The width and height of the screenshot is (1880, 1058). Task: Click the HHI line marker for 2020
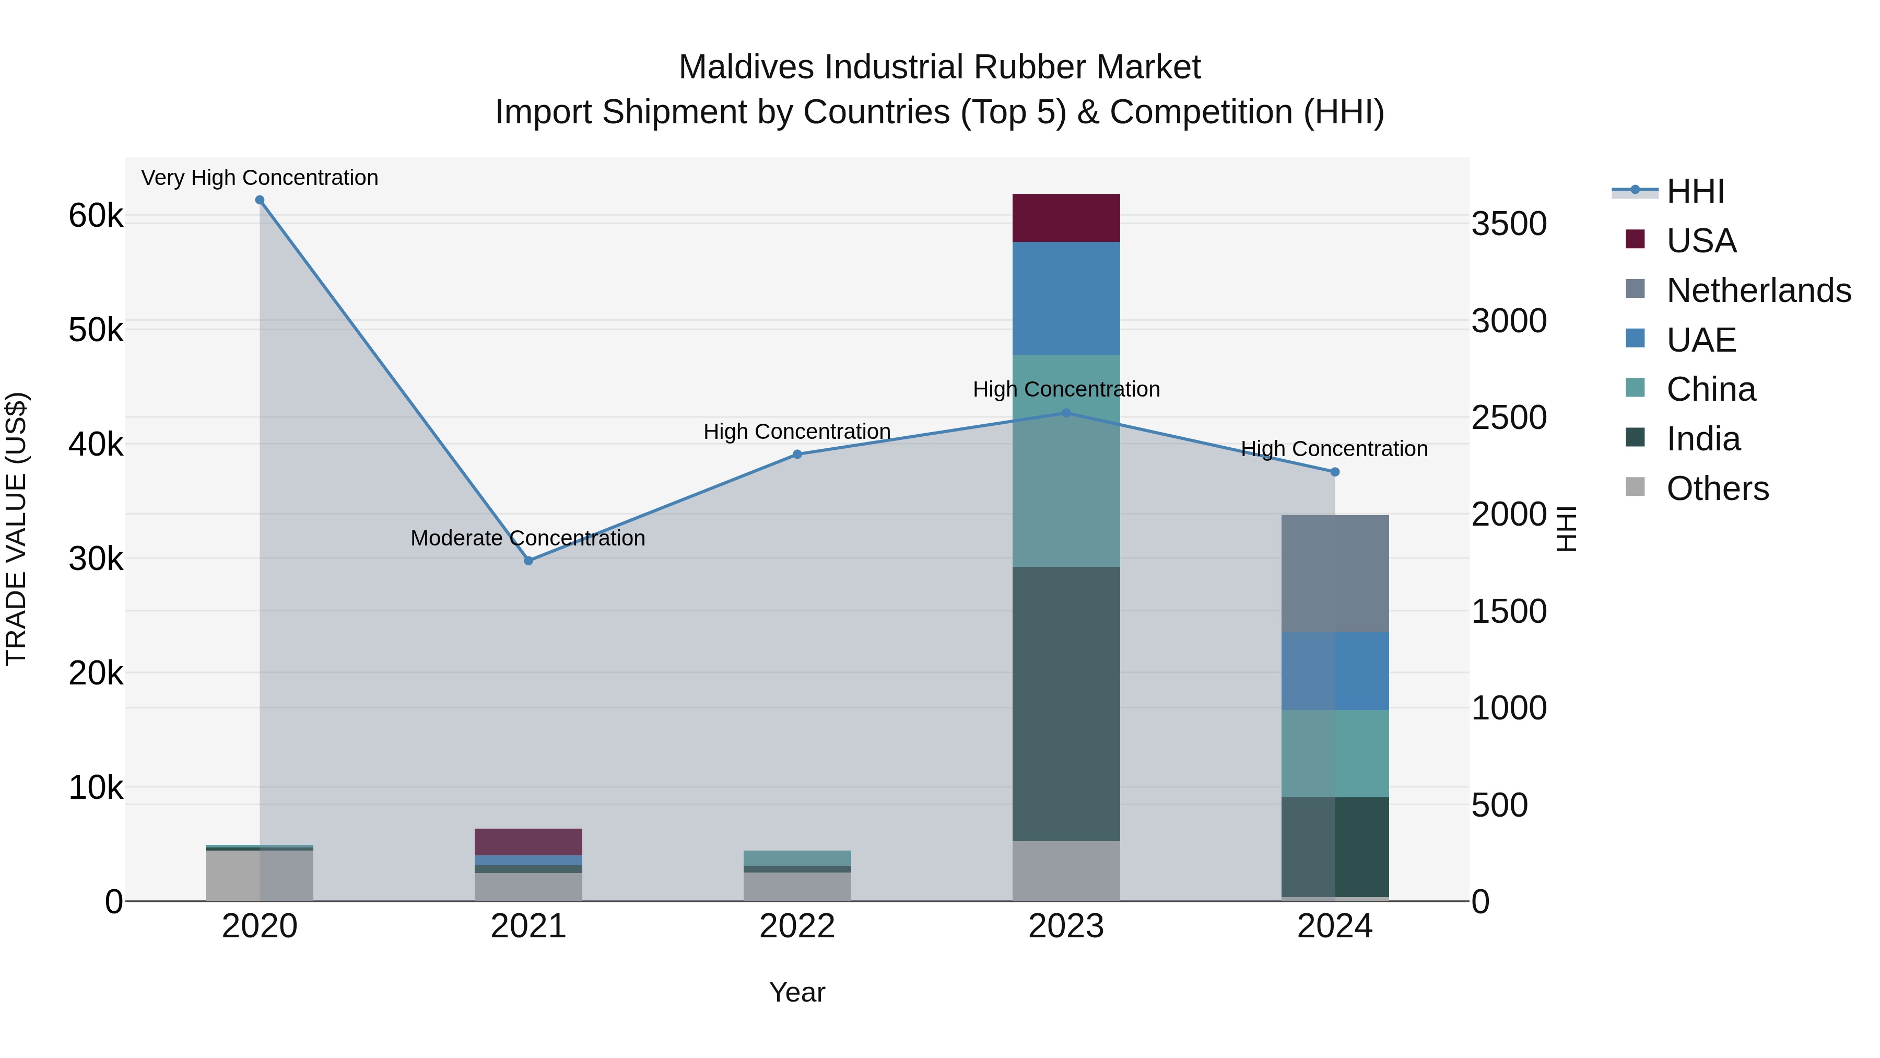pyautogui.click(x=260, y=200)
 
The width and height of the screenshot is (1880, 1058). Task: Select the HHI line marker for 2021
pyautogui.click(x=528, y=561)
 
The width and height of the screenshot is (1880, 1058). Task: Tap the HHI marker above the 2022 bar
pyautogui.click(x=797, y=454)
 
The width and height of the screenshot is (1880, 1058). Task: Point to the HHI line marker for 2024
pyautogui.click(x=1335, y=472)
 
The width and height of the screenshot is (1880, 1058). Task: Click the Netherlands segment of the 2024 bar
pyautogui.click(x=1335, y=574)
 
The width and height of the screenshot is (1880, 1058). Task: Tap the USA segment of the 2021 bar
pyautogui.click(x=528, y=841)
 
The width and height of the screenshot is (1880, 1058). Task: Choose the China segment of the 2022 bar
pyautogui.click(x=797, y=857)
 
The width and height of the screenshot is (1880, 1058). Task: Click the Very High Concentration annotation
pyautogui.click(x=260, y=178)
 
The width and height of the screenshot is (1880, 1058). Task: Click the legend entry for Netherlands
pyautogui.click(x=1758, y=290)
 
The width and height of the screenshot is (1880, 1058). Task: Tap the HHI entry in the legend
pyautogui.click(x=1695, y=191)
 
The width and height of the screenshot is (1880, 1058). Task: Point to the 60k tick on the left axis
pyautogui.click(x=96, y=216)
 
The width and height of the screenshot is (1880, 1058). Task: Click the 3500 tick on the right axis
pyautogui.click(x=1509, y=224)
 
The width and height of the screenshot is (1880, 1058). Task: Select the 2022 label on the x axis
pyautogui.click(x=797, y=926)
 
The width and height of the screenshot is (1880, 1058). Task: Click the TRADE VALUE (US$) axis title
pyautogui.click(x=16, y=529)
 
